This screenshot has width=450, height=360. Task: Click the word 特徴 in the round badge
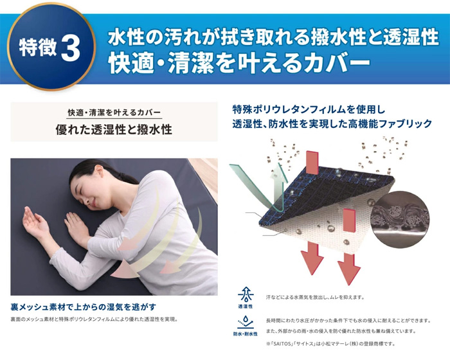point(38,48)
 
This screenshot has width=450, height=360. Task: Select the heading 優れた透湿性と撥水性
point(114,129)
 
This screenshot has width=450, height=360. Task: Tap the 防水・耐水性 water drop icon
point(246,322)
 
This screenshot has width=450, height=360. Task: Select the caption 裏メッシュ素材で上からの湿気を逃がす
point(84,307)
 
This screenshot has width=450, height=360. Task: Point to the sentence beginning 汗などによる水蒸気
point(315,298)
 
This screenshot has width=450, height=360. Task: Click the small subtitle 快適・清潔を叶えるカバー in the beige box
point(114,113)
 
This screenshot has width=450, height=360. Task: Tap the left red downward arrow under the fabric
point(312,258)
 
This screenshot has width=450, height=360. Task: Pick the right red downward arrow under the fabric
point(348,269)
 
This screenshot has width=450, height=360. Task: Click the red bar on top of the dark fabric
point(312,163)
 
